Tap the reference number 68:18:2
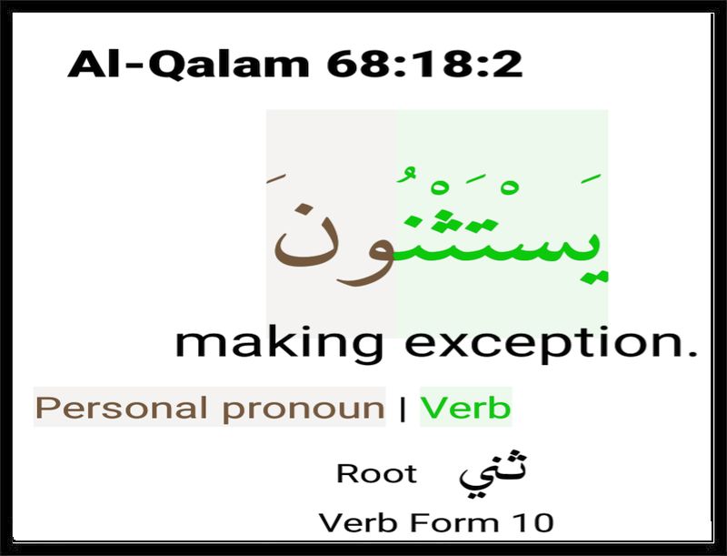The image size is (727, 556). point(424,64)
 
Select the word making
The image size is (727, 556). point(279,345)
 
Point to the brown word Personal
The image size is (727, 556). point(122,408)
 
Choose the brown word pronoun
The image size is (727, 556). point(304,409)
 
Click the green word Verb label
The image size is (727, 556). point(465,407)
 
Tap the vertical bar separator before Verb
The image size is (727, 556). point(403,409)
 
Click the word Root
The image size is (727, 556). point(376,474)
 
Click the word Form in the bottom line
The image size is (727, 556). point(453,522)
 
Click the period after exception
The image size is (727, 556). point(692,354)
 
